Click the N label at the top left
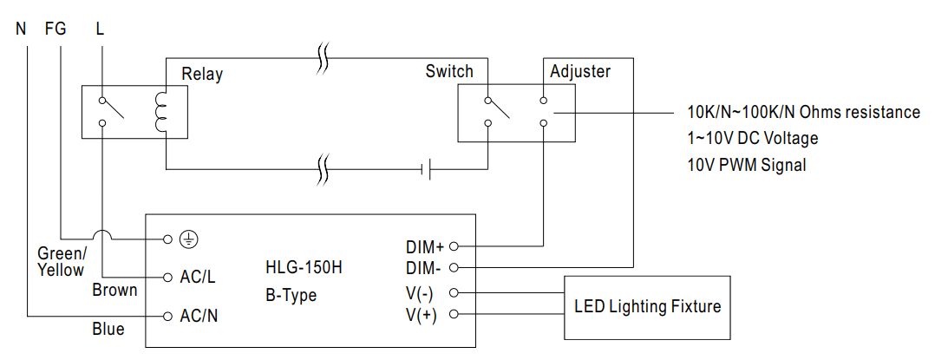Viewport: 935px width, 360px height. (x=21, y=29)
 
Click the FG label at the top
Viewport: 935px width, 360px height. (x=55, y=29)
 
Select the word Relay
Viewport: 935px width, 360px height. (x=202, y=74)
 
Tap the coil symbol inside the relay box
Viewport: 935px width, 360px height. (x=159, y=111)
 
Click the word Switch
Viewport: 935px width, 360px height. (x=449, y=71)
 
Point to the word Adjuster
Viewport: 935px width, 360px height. (x=581, y=71)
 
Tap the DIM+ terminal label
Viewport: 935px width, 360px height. (x=425, y=247)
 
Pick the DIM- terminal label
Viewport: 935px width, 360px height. (x=425, y=267)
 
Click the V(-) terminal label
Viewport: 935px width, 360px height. (x=422, y=293)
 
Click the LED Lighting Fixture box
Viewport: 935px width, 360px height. (x=647, y=307)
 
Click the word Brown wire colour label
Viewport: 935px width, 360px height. (x=114, y=290)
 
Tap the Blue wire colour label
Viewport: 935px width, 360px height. (x=108, y=329)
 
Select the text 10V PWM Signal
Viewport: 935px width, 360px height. (x=746, y=165)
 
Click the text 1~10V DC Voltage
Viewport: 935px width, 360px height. (x=752, y=139)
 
